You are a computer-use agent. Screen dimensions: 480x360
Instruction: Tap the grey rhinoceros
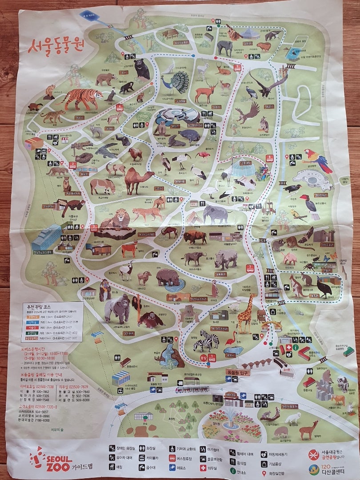225,259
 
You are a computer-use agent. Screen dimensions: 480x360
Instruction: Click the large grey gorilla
116,308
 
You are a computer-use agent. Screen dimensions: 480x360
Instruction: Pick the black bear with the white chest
141,69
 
